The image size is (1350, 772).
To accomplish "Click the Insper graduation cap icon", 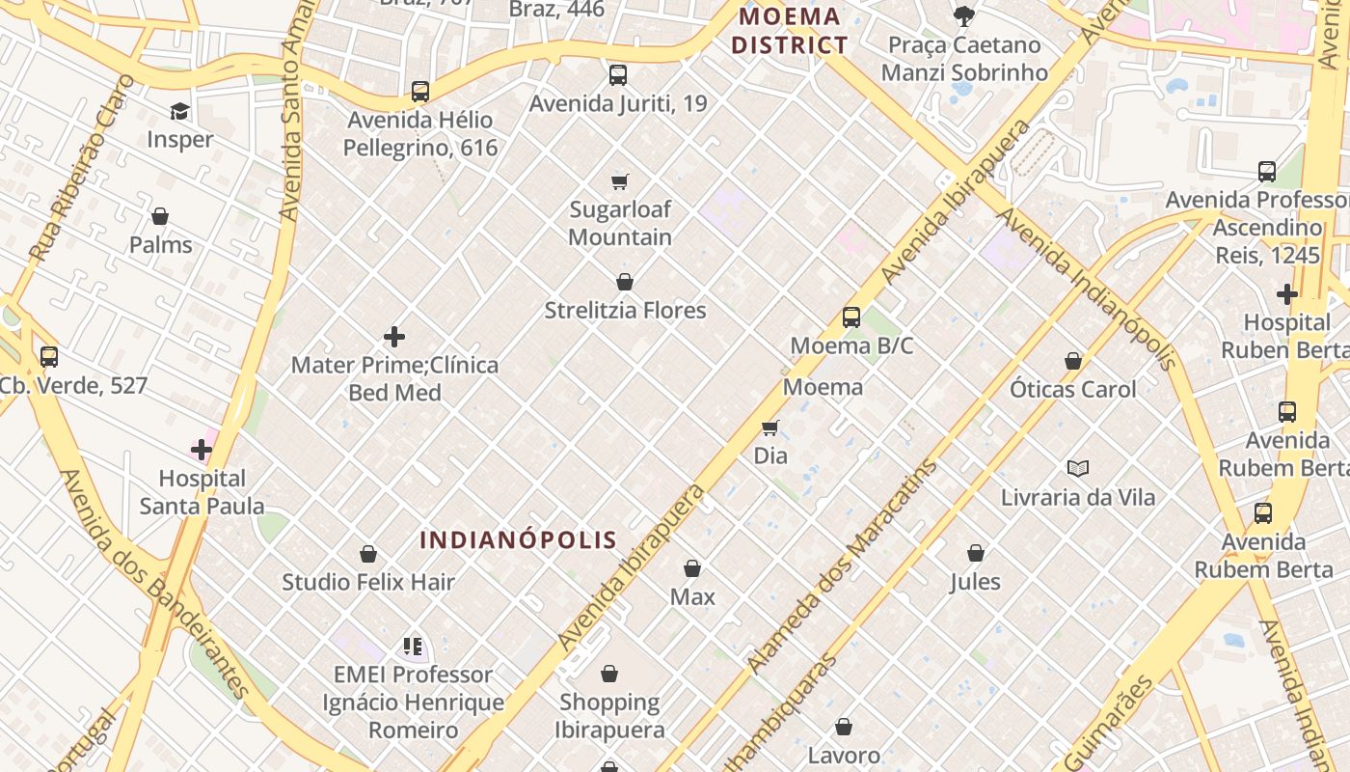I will point(179,111).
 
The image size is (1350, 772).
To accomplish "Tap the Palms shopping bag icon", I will point(160,216).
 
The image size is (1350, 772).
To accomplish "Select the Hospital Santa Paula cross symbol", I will point(202,450).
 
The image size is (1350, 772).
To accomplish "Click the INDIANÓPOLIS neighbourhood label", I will point(519,539).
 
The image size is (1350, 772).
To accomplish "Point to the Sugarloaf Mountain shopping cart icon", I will point(620,181).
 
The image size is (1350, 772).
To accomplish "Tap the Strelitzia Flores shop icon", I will point(625,282).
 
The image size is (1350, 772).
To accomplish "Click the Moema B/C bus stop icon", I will point(851,317).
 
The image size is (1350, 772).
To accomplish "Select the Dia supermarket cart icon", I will point(769,427).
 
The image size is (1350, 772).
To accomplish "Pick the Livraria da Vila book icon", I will point(1078,469).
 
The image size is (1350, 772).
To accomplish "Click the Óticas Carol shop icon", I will point(1073,361).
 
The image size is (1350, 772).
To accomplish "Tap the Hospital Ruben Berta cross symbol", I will point(1287,294).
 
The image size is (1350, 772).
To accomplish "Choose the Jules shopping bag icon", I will point(976,553).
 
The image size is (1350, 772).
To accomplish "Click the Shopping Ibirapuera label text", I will point(611,715).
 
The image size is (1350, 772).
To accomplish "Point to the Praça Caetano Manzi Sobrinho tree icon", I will point(963,16).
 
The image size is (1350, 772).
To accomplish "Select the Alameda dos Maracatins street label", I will point(843,567).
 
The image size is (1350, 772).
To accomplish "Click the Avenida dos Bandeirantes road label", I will point(155,583).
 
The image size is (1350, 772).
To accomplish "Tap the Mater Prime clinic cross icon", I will point(394,337).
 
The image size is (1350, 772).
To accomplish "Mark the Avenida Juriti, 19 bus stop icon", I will point(618,74).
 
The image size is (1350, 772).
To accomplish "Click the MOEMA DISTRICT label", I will point(790,31).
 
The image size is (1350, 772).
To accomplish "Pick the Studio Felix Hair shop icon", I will point(368,554).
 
